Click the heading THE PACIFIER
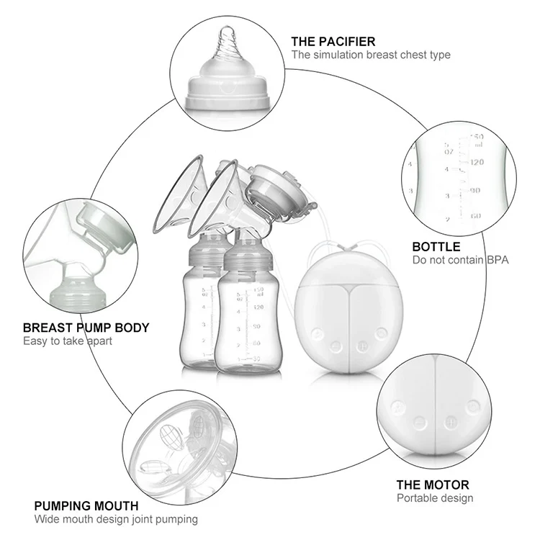click(x=333, y=42)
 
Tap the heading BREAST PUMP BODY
click(x=86, y=328)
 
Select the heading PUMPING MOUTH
click(x=86, y=505)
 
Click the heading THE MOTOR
click(x=433, y=485)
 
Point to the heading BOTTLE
click(x=436, y=246)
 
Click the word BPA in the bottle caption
click(x=498, y=260)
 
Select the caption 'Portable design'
click(x=435, y=498)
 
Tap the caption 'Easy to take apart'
click(x=68, y=341)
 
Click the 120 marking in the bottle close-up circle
click(x=477, y=162)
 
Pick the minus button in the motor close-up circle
click(x=420, y=421)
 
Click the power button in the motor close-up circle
click(x=473, y=406)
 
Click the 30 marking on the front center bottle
click(x=256, y=359)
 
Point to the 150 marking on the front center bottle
click(x=258, y=289)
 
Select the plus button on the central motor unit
click(x=361, y=346)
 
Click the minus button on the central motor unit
click(x=336, y=346)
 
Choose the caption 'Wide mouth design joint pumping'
click(x=116, y=519)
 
